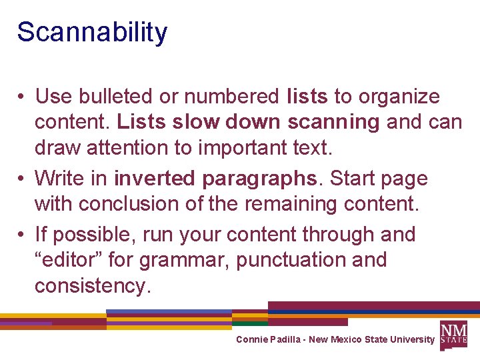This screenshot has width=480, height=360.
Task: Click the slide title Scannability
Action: (92, 33)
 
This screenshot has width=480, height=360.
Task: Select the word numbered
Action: (231, 97)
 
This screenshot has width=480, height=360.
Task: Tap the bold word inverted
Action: (155, 179)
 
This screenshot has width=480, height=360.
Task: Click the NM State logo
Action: (453, 334)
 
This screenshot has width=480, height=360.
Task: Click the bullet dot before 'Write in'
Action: (22, 179)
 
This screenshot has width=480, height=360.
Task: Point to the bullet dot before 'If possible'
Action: (22, 235)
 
